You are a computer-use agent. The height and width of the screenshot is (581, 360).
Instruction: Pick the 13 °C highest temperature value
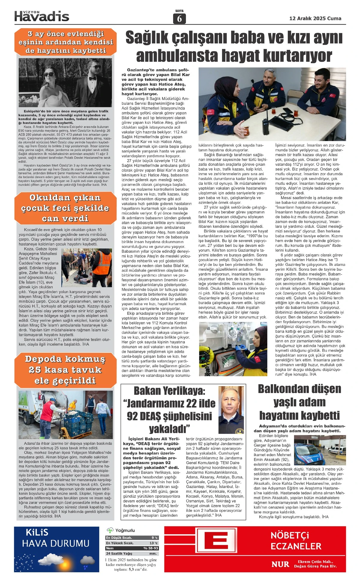154,543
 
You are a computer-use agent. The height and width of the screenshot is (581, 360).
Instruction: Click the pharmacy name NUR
280,564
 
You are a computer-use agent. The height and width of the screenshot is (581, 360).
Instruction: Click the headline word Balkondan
299,389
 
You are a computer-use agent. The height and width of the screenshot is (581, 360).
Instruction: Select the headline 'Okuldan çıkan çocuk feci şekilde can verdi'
65,208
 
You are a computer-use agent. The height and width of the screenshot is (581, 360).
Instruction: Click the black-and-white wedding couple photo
65,83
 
